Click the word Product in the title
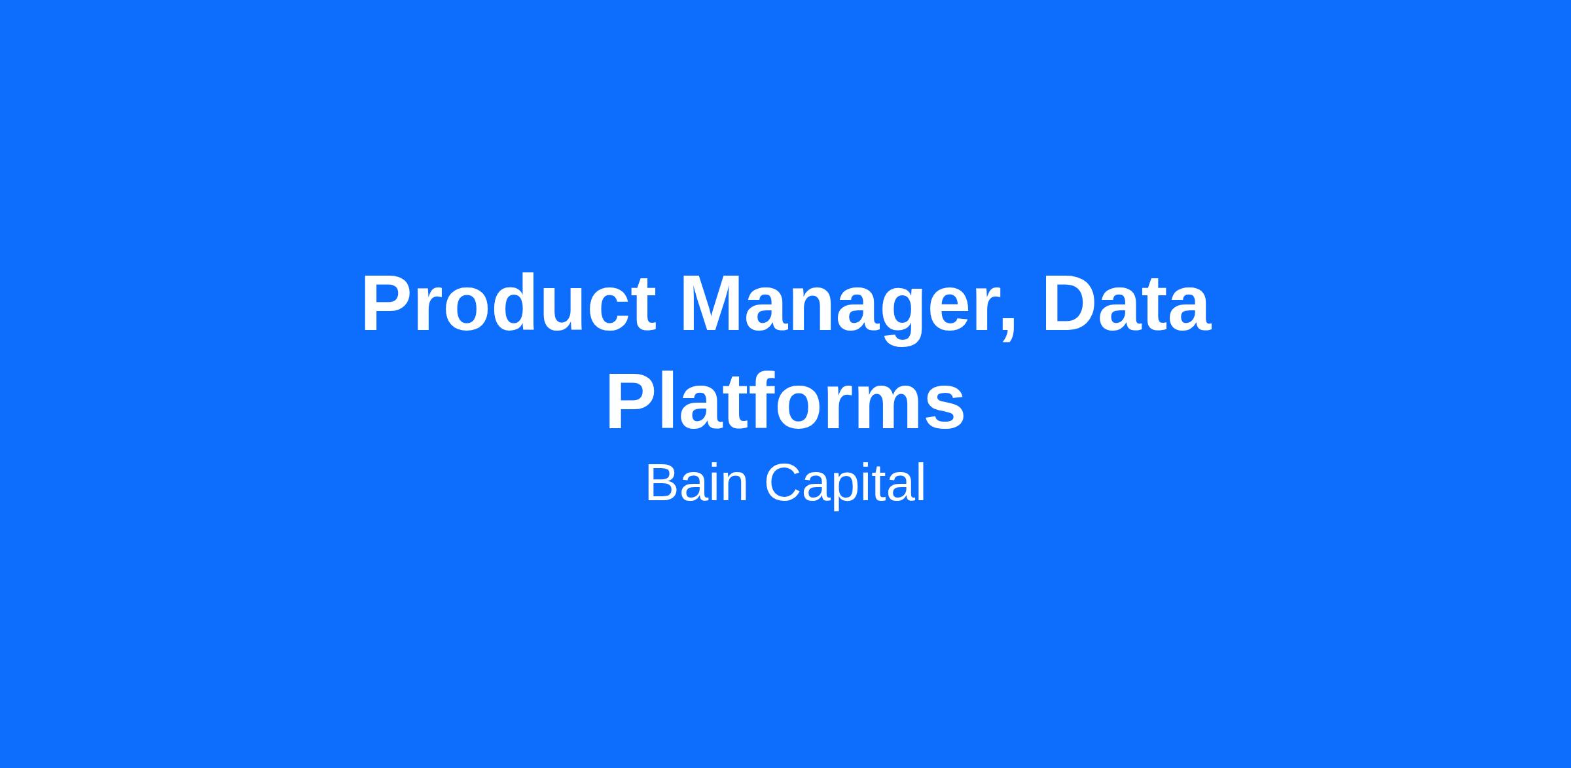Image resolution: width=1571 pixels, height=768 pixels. point(509,304)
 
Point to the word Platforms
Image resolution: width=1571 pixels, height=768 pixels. point(785,401)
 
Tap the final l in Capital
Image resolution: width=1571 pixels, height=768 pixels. point(922,483)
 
